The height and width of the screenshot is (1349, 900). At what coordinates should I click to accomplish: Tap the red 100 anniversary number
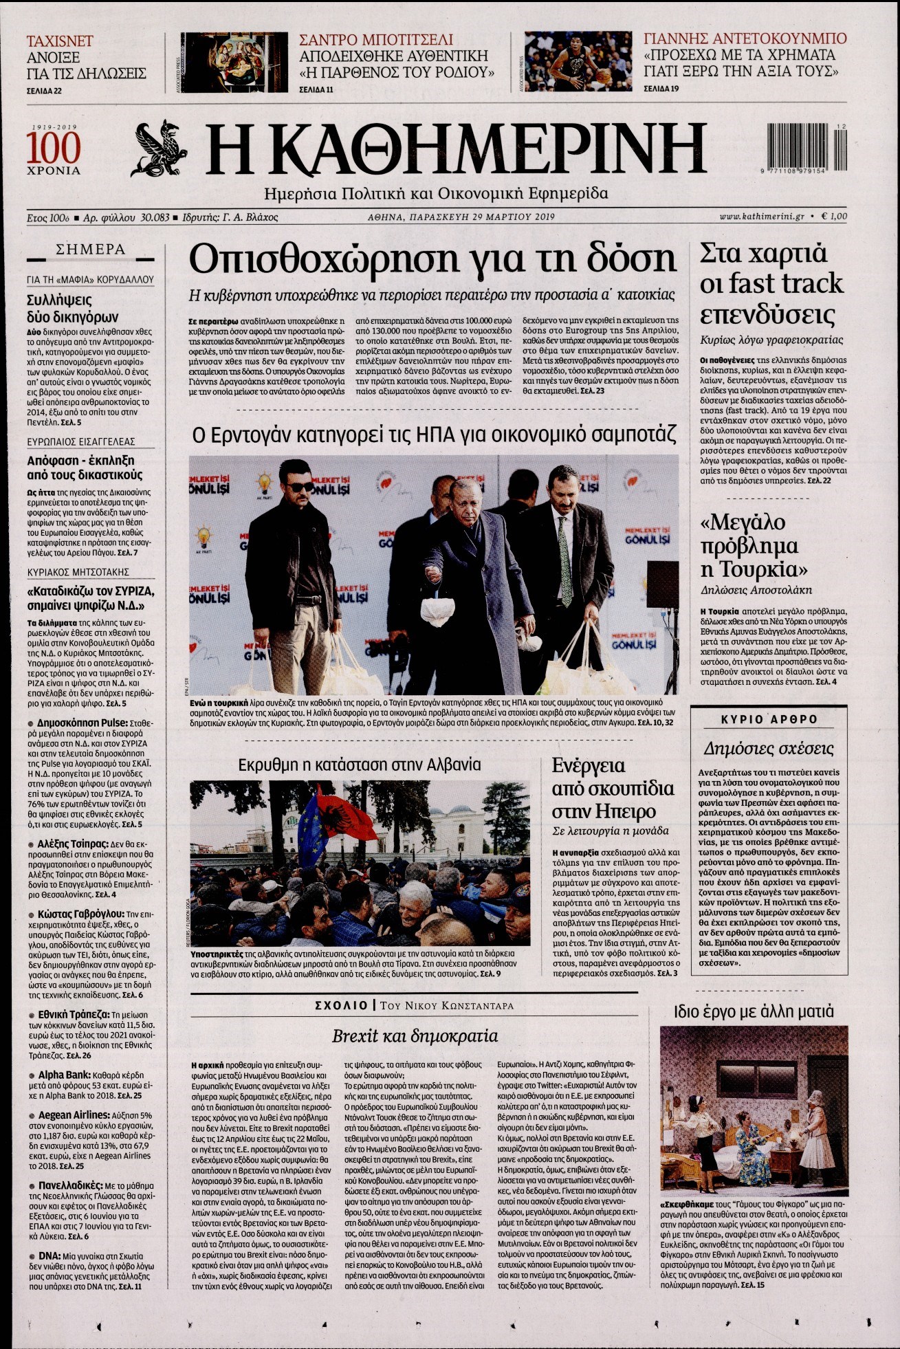click(53, 147)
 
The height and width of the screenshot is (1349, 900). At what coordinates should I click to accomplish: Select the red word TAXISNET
click(60, 41)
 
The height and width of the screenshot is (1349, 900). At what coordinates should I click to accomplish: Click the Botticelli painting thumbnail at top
click(233, 62)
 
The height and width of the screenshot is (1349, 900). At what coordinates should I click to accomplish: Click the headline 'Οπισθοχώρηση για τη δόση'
click(432, 260)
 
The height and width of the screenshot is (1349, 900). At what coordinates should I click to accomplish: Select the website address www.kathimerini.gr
click(762, 217)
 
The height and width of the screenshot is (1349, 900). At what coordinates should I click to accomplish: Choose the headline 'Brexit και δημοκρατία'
click(415, 1035)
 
